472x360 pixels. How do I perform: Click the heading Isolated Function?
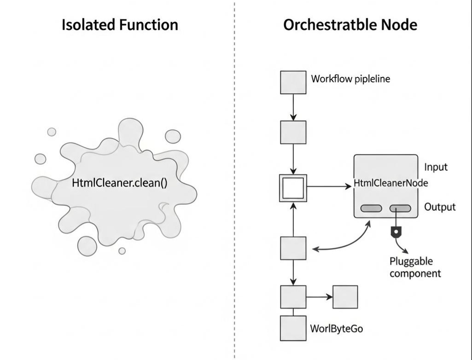[120, 25]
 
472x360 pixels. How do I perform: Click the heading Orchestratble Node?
[350, 25]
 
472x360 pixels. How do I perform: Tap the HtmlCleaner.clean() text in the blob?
[120, 183]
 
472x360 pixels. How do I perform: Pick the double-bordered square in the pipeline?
[293, 187]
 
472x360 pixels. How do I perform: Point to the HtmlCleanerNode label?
[391, 183]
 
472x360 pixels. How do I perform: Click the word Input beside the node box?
[436, 167]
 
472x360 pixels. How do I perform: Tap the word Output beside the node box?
[440, 207]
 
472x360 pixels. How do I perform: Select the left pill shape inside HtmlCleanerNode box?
[371, 209]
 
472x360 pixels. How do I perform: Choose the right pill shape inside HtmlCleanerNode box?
[400, 209]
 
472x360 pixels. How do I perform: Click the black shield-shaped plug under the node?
[394, 232]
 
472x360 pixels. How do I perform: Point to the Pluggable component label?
[415, 267]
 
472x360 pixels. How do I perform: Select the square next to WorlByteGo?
[293, 327]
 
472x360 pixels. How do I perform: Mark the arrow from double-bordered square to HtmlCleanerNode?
[329, 186]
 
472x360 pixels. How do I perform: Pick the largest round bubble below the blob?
[87, 245]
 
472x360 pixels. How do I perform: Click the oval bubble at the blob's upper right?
[173, 136]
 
